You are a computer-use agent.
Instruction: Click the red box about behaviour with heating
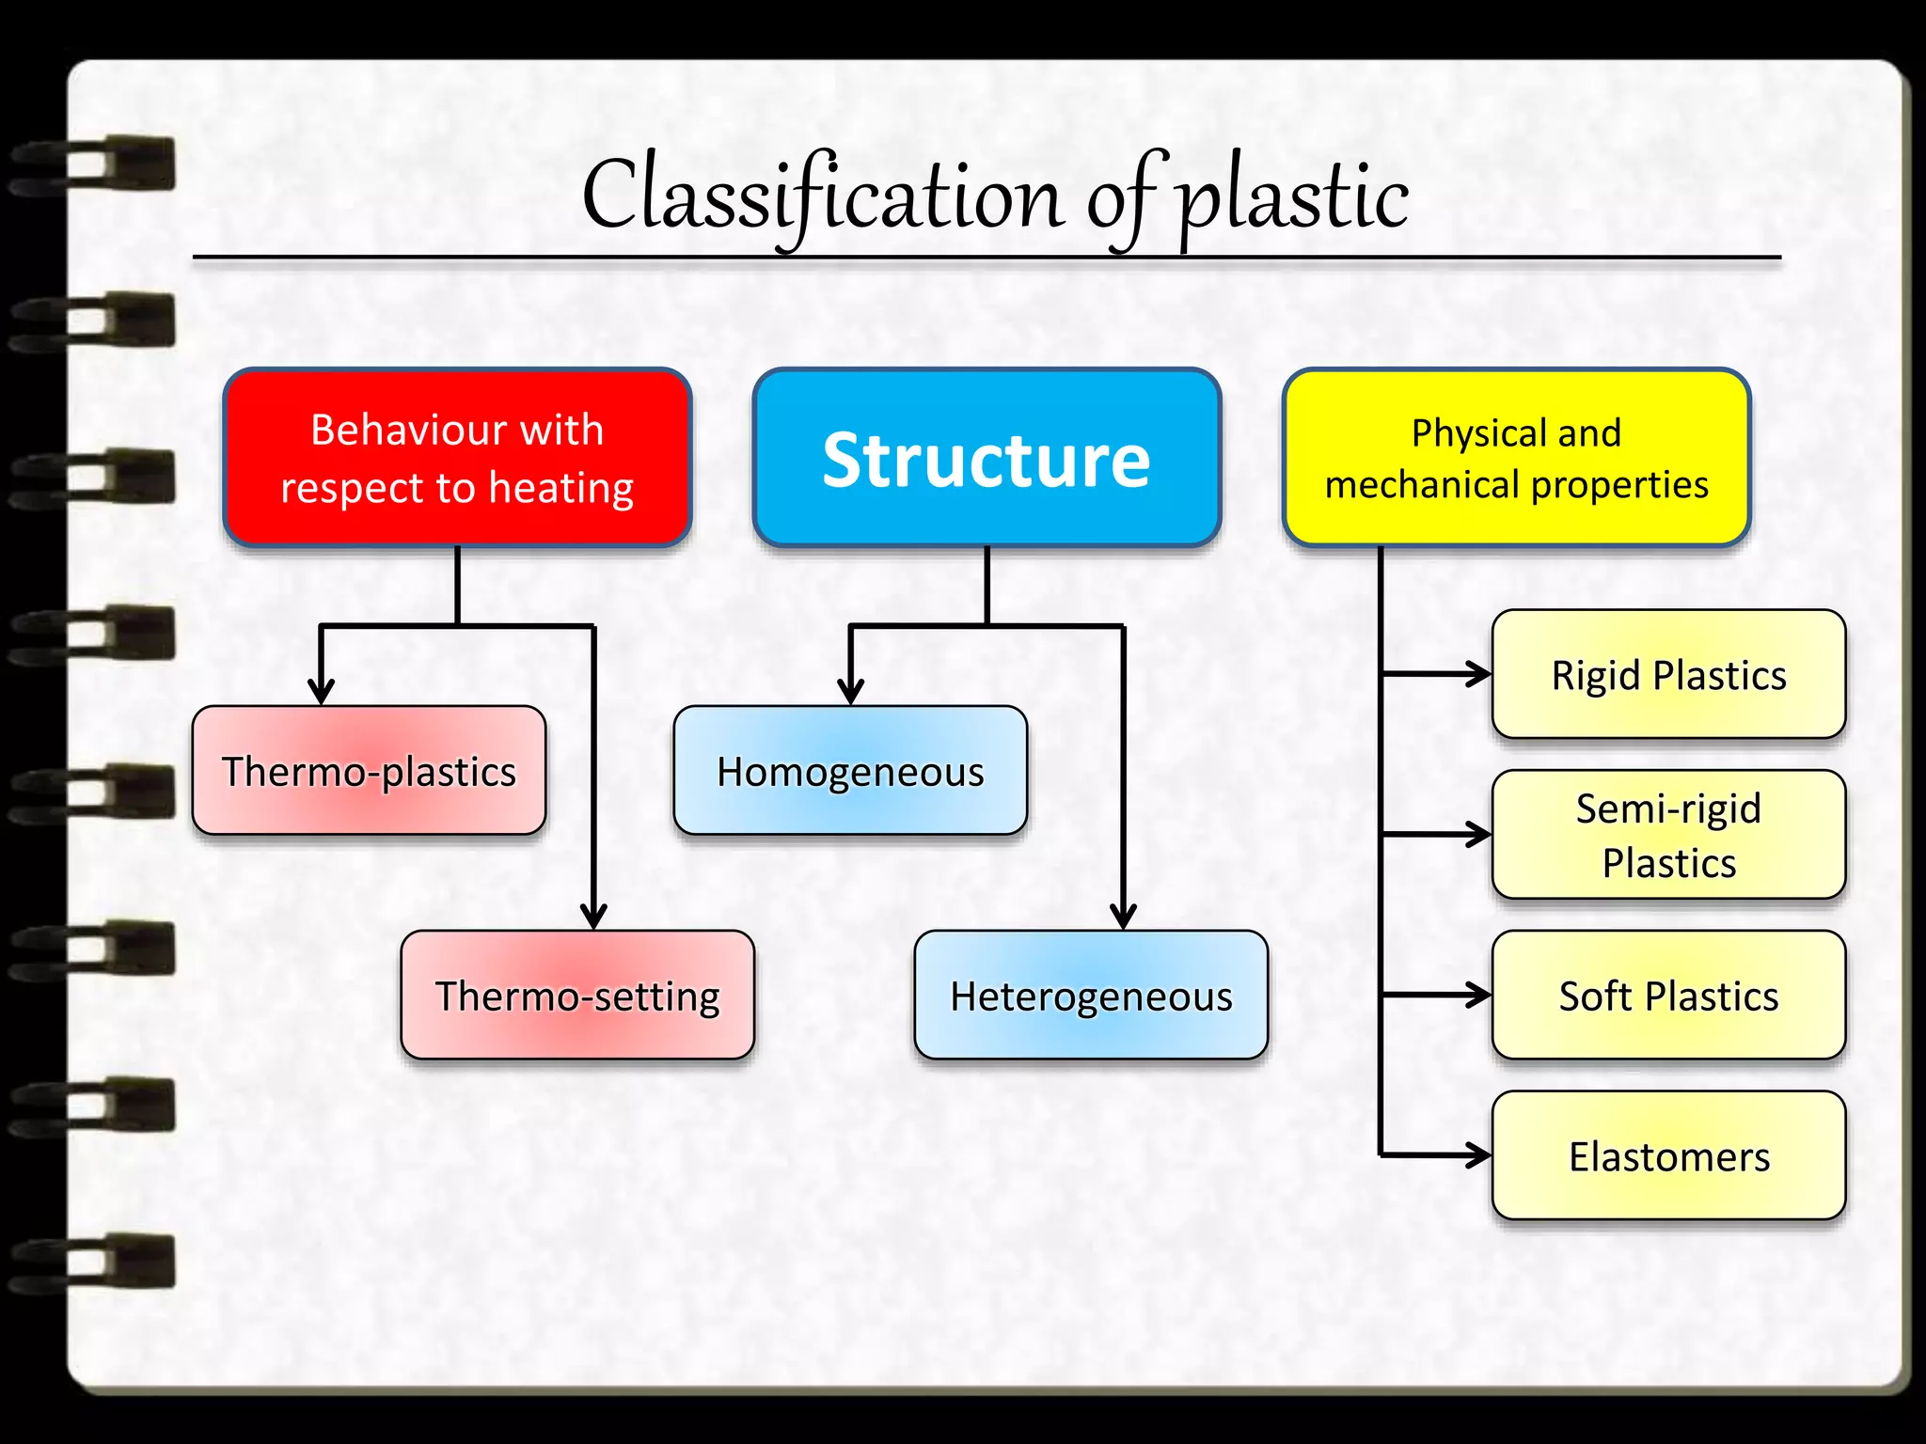457,458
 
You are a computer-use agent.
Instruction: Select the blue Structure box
987,458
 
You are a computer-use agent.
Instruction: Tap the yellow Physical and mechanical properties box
1516,458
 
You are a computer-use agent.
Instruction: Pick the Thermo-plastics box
369,771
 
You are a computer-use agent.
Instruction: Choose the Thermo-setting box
577,996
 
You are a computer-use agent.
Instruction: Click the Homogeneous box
850,771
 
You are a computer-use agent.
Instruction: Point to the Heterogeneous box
1091,996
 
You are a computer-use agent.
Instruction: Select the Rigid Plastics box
1668,674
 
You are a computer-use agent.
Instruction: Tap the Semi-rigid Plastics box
1668,835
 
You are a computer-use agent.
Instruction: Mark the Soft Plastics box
1668,996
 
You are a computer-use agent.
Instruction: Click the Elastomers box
1668,1155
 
